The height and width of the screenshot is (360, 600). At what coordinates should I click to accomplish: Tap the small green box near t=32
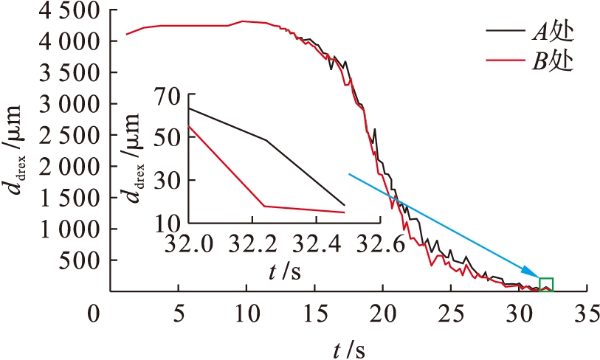pyautogui.click(x=545, y=285)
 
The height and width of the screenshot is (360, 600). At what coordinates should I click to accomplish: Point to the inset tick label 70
pyautogui.click(x=170, y=94)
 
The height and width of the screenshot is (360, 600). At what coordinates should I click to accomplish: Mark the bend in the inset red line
pyautogui.click(x=263, y=206)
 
